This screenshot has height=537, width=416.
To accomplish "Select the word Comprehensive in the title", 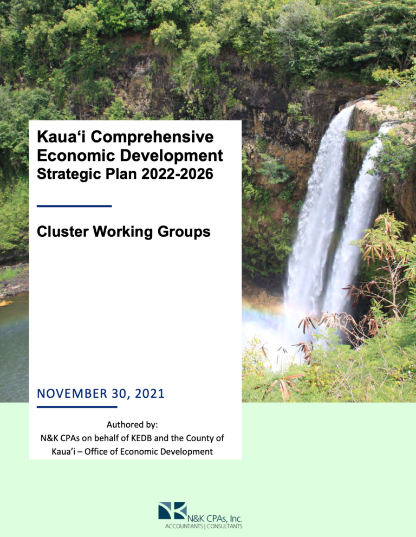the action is [152, 138].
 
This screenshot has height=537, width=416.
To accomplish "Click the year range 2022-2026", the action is [177, 174].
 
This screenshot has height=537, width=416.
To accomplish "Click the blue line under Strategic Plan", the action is [74, 206].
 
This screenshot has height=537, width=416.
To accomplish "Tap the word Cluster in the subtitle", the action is [63, 232].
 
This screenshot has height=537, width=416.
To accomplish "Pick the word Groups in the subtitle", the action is [184, 232].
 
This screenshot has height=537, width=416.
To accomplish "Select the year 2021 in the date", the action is [149, 393].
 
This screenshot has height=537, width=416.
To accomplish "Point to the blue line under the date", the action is [77, 407].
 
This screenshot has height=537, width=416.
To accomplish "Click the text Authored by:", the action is [132, 425].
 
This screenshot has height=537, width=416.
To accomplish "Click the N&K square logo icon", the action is [173, 510].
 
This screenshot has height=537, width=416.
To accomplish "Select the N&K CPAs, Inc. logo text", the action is [214, 519].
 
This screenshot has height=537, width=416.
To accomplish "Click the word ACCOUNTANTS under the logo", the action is [184, 526].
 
